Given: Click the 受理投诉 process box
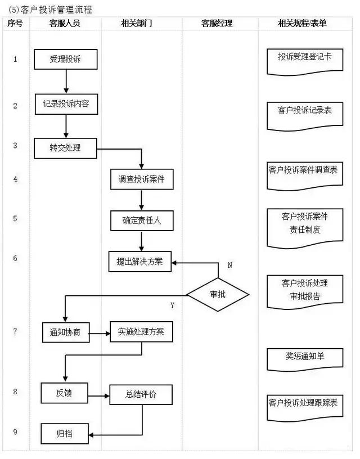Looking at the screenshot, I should [66, 58].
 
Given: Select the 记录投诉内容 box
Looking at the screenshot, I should [66, 104].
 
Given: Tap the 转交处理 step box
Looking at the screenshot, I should [65, 148].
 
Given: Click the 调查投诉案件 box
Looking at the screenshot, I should [141, 179].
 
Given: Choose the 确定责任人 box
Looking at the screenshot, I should [141, 220].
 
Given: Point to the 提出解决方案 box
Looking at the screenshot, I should [140, 262].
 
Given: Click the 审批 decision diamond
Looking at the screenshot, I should [218, 294].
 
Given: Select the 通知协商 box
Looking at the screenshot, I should [65, 332].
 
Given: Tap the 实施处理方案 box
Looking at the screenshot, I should [141, 332].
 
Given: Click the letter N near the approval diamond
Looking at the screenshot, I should [229, 264].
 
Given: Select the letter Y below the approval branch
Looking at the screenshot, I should [172, 305].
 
